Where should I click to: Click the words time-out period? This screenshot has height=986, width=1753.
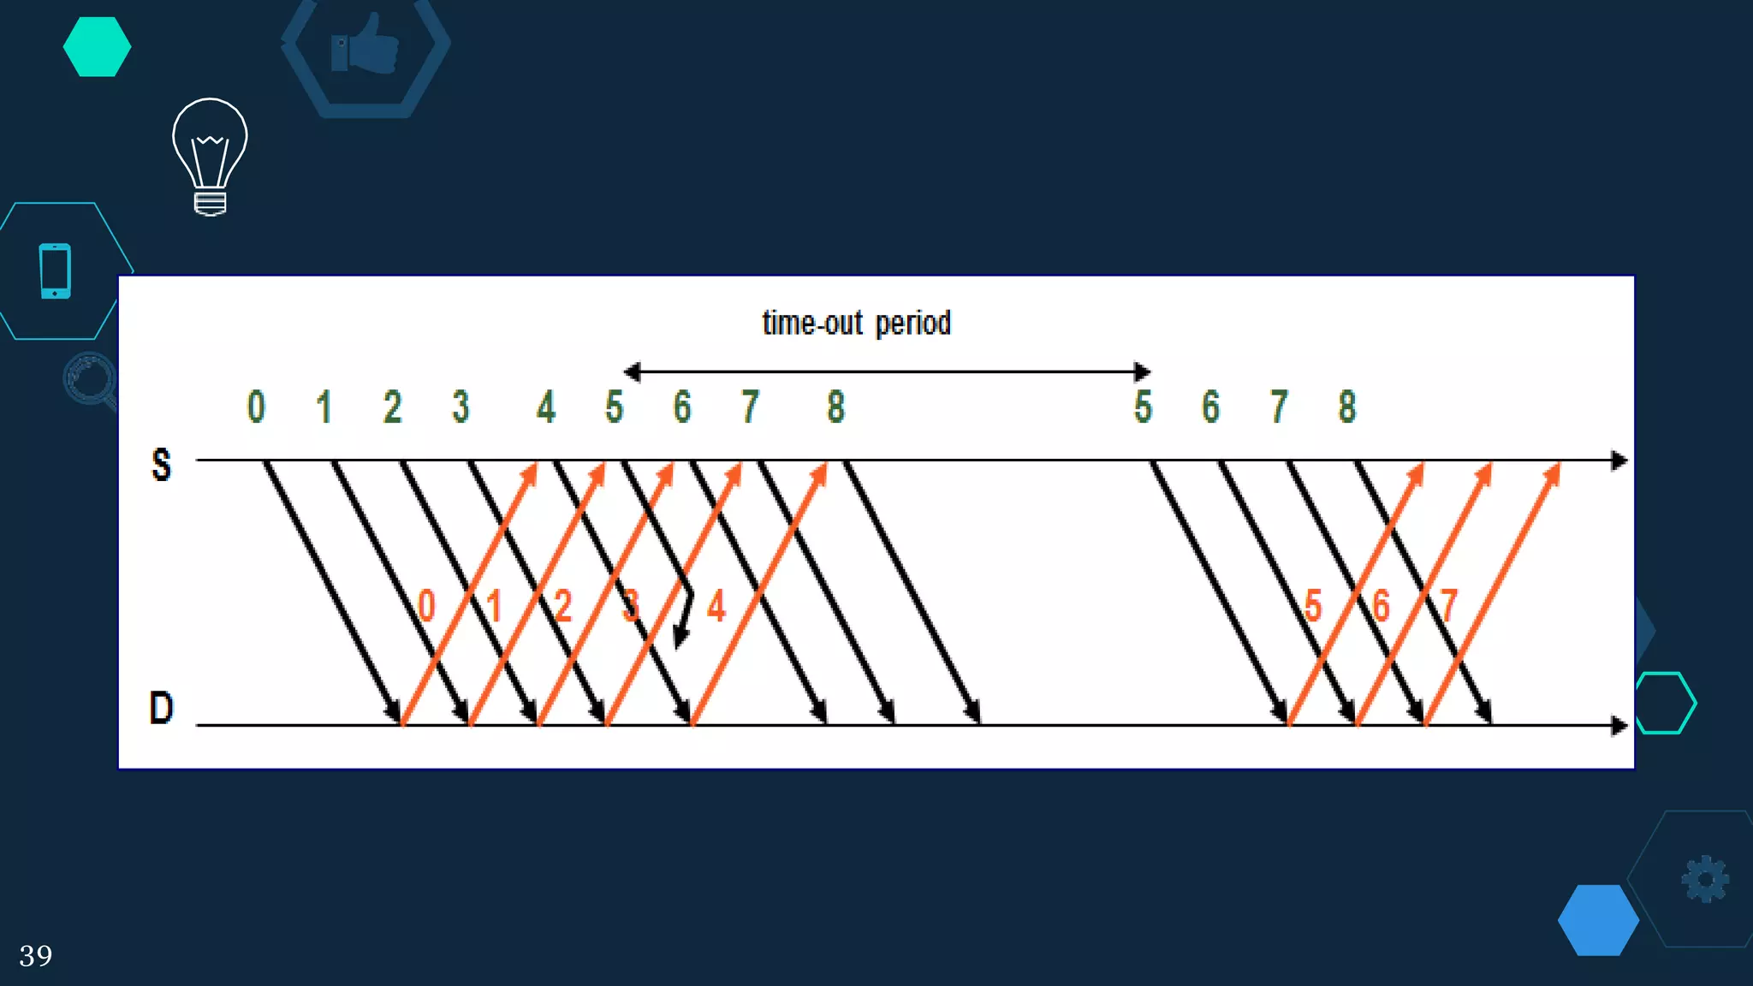point(856,324)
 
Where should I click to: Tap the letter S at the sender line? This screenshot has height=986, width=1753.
point(161,466)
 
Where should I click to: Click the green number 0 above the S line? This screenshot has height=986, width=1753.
point(256,407)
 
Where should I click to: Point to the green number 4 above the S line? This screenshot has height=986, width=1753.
point(546,407)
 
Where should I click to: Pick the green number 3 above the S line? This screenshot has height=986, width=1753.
point(461,407)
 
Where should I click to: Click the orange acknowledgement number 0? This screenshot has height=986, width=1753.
point(426,606)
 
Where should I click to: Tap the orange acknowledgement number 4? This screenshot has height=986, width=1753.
point(716,606)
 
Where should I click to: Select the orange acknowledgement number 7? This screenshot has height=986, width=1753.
point(1448,606)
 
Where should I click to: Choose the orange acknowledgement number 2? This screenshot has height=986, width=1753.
point(562,606)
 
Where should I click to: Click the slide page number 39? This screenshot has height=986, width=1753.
point(36,955)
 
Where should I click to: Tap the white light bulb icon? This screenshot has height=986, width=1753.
point(210,156)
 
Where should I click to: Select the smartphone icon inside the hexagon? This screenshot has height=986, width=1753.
point(56,270)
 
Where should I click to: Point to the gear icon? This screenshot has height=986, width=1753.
point(1705,879)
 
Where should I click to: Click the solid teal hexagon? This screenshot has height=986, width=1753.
point(97,47)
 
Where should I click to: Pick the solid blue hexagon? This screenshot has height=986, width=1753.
point(1598,920)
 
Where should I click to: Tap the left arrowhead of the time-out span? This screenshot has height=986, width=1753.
point(632,371)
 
